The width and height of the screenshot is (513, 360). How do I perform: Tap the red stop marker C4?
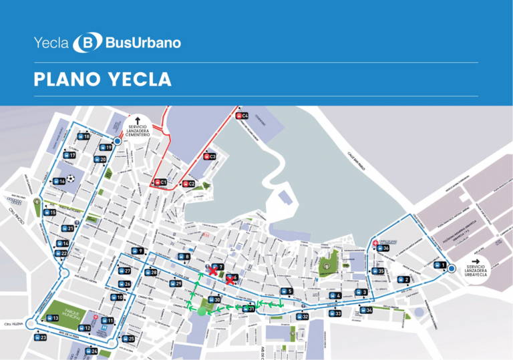tap(241, 116)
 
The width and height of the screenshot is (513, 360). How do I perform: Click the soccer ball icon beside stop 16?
tap(71, 180)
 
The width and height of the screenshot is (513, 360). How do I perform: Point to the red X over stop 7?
tap(213, 271)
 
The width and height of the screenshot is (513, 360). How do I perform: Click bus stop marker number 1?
tap(440, 265)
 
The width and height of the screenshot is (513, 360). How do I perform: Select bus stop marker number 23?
tap(40, 338)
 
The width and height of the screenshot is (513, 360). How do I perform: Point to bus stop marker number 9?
tap(137, 251)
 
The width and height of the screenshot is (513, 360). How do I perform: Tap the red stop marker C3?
tap(208, 157)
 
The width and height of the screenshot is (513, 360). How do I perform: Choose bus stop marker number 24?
tap(91, 351)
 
